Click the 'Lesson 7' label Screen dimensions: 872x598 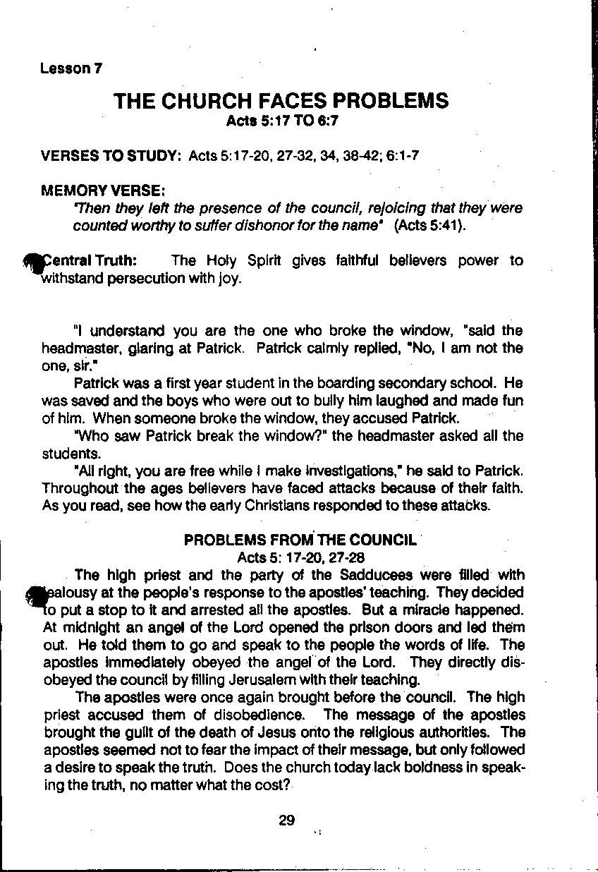[71, 68]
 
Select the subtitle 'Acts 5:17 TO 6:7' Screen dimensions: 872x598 [282, 121]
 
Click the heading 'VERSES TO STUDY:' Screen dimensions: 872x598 [112, 155]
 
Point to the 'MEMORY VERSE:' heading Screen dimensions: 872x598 [104, 190]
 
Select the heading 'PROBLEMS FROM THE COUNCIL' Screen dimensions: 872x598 [300, 540]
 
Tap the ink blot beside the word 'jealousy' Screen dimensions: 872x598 [35, 596]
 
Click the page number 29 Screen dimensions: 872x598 [286, 820]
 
